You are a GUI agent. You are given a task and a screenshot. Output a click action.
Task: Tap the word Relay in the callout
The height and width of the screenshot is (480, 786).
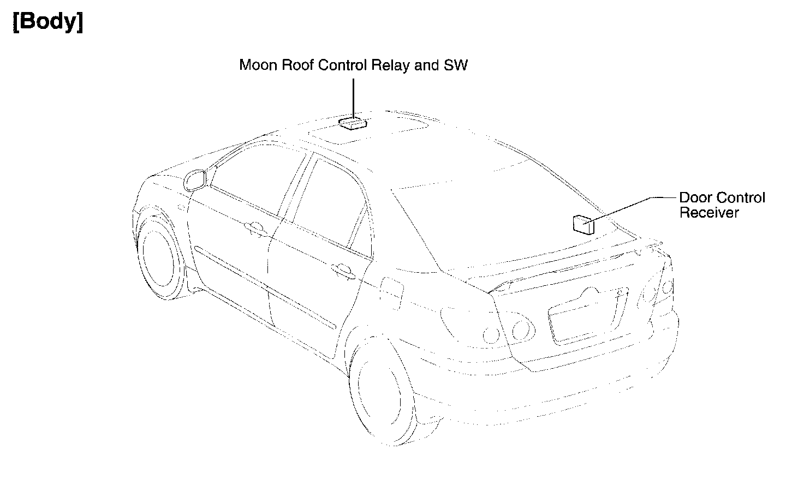pos(390,65)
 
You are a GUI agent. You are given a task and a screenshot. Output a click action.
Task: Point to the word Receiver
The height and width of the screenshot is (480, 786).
pos(708,213)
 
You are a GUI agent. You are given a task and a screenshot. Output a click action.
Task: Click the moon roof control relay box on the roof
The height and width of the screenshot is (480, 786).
pos(352,123)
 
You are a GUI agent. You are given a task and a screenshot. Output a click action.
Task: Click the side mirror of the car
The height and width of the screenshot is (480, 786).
pos(196,179)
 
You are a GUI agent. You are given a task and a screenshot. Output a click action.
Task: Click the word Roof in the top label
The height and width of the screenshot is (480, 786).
pos(297,65)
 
